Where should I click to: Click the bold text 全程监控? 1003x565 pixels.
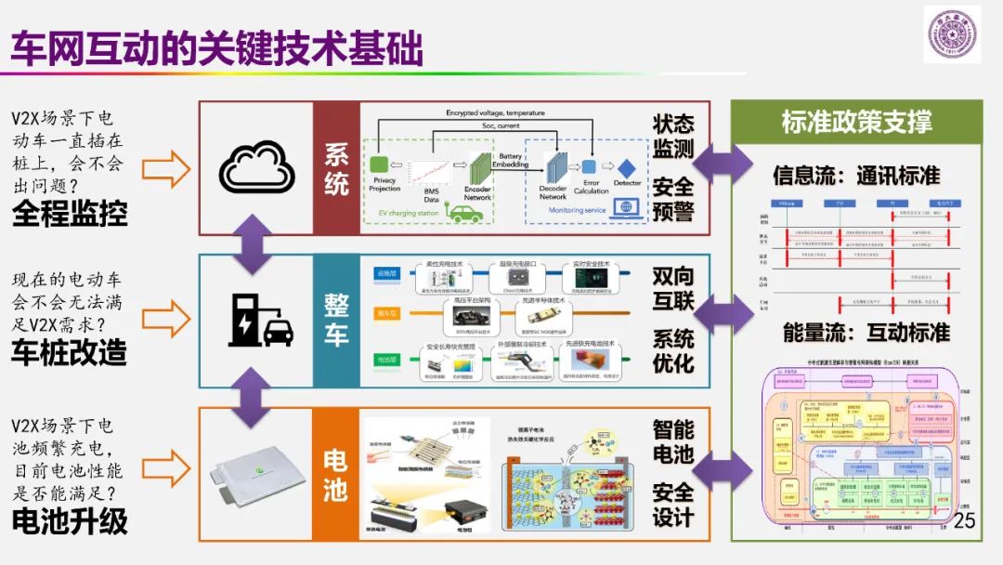click(x=70, y=215)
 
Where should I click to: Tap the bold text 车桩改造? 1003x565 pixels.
click(x=70, y=352)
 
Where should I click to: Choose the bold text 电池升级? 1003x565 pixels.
click(x=70, y=520)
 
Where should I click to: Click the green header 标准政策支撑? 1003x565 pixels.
click(x=856, y=122)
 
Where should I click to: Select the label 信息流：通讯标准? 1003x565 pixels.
click(x=856, y=176)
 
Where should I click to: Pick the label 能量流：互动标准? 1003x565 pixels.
click(x=856, y=332)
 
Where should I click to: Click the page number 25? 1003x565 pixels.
click(x=965, y=519)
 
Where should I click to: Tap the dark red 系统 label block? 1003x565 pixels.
click(x=336, y=168)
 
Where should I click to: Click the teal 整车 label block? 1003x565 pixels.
click(x=336, y=321)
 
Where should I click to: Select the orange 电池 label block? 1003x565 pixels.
click(x=336, y=474)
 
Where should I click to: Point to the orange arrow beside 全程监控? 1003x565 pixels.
click(x=166, y=169)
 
